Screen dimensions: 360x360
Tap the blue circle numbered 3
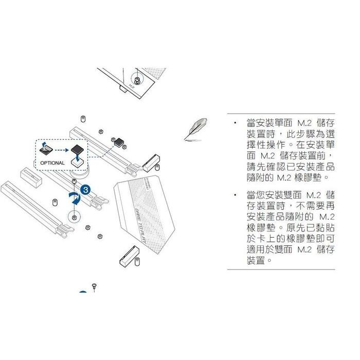pos(86,189)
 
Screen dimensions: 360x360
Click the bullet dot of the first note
pos(235,123)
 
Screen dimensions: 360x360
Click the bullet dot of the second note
pos(235,195)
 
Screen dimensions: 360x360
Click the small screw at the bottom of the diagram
pos(94,285)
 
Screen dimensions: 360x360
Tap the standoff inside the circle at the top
pos(137,81)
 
